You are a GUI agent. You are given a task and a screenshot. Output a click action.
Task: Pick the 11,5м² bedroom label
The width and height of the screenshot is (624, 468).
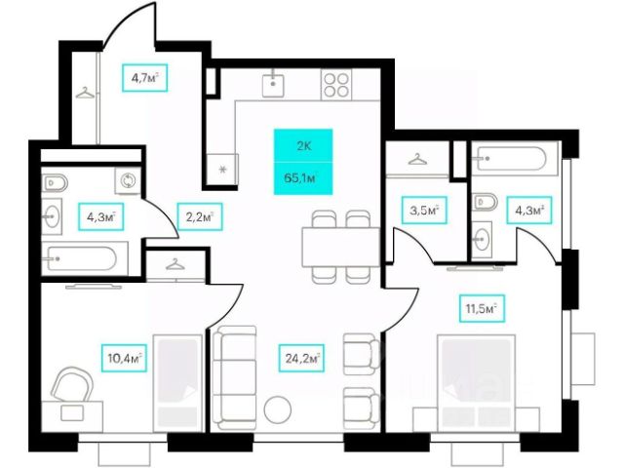[479, 311]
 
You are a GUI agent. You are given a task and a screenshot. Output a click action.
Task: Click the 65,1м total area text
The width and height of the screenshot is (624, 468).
[302, 177]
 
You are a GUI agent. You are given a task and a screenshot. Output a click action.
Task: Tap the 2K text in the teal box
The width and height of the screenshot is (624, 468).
[302, 146]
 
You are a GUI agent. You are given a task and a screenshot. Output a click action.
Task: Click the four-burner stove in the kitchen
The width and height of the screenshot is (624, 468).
[337, 85]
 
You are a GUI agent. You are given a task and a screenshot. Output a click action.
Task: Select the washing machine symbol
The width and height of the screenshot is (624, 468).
[127, 180]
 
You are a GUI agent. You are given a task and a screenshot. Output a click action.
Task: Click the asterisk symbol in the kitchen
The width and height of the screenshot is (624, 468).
[222, 170]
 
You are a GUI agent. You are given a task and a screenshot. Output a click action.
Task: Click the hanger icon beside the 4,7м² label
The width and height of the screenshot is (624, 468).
[87, 94]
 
